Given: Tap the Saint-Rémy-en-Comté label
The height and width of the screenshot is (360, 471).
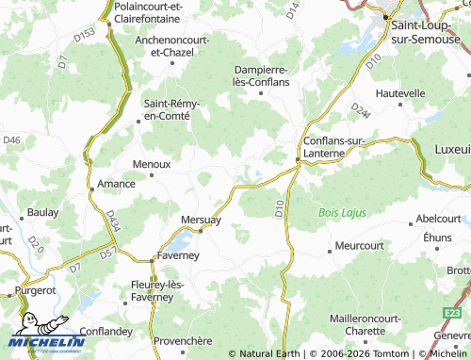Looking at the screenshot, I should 166,108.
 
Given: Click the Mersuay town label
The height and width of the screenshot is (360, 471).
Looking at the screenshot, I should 200,220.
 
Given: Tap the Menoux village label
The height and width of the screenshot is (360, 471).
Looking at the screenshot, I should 151,163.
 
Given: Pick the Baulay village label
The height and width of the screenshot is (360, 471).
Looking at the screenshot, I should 42,212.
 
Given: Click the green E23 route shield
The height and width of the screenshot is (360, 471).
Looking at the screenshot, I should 454,311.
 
